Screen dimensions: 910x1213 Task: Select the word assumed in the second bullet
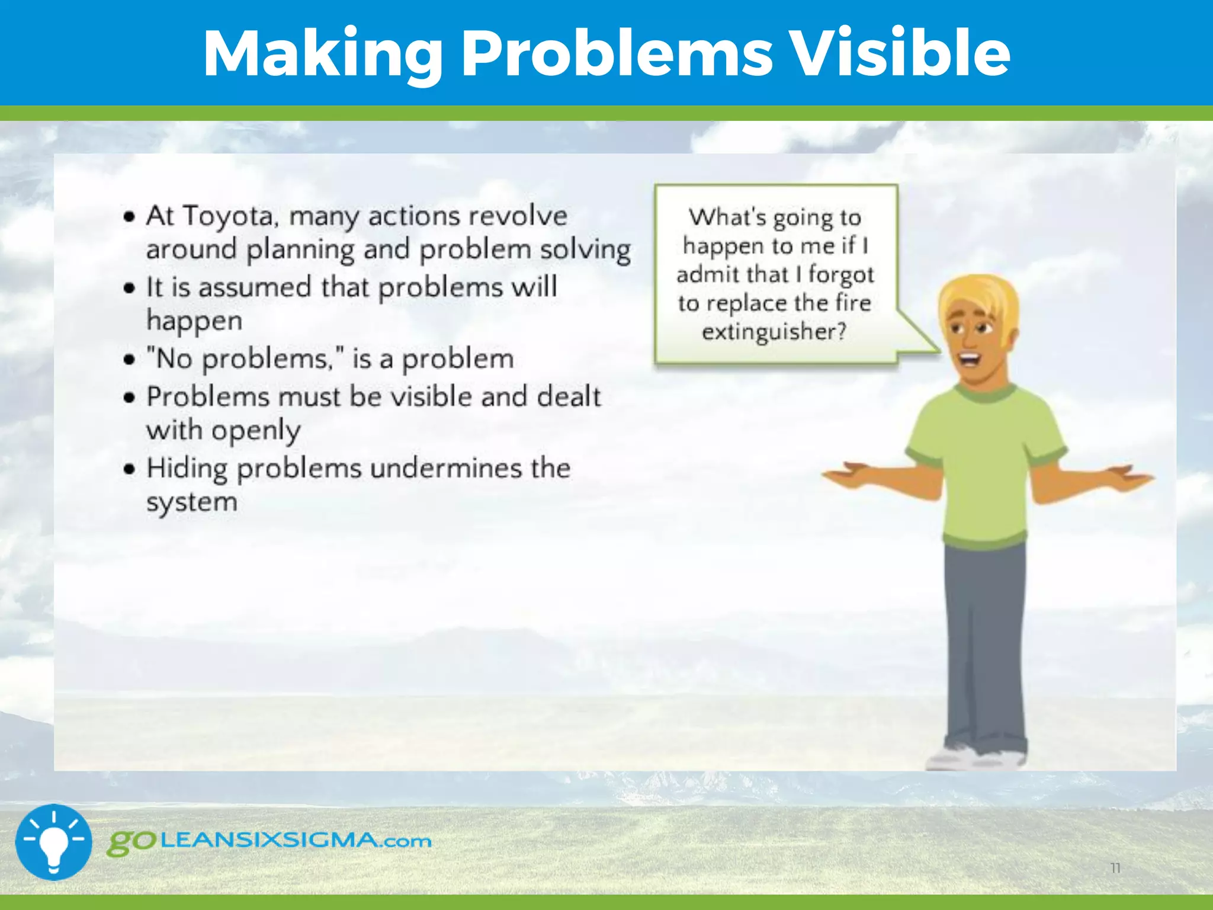pyautogui.click(x=255, y=288)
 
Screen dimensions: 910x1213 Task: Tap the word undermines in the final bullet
pyautogui.click(x=445, y=469)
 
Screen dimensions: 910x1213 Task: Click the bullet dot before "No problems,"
pyautogui.click(x=130, y=360)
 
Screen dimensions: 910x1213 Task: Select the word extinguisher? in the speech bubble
pyautogui.click(x=774, y=332)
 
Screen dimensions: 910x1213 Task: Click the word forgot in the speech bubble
pyautogui.click(x=841, y=275)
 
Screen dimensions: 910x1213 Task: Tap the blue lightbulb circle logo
pyautogui.click(x=53, y=842)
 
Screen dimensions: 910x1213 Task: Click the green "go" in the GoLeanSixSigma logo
pyautogui.click(x=131, y=842)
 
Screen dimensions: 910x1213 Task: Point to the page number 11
pyautogui.click(x=1115, y=868)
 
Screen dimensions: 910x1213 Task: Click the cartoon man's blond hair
pyautogui.click(x=977, y=299)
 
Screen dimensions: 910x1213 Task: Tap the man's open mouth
pyautogui.click(x=970, y=358)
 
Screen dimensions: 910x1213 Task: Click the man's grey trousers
pyautogui.click(x=983, y=640)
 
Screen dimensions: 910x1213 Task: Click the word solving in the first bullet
pyautogui.click(x=585, y=250)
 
